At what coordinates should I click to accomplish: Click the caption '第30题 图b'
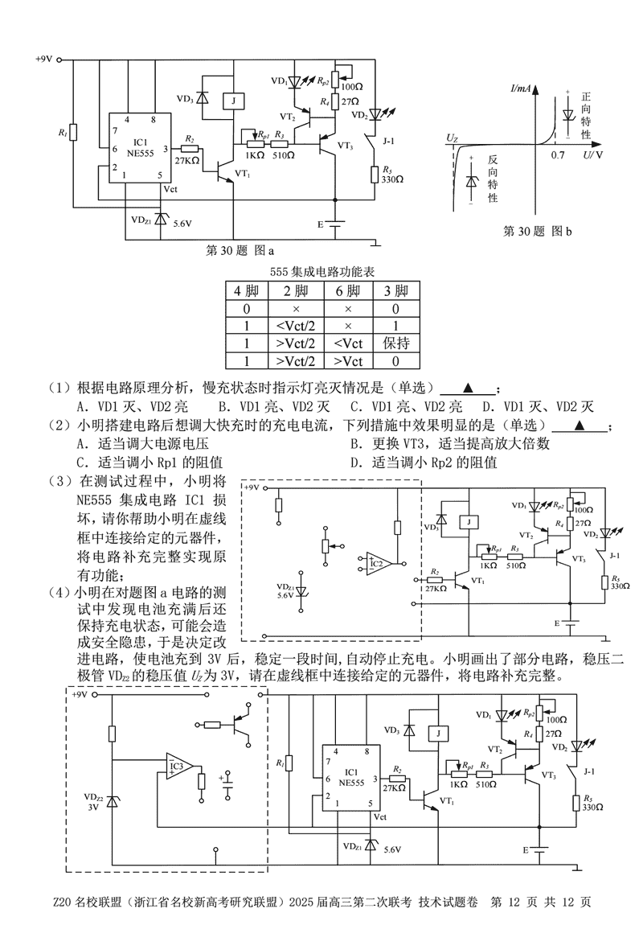click(537, 232)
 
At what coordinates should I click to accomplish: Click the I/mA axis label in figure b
click(524, 86)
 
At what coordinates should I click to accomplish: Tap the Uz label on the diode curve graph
click(452, 139)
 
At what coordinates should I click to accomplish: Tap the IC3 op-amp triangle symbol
click(178, 767)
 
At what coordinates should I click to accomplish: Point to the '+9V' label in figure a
click(43, 60)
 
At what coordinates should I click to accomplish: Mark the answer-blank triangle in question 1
click(467, 387)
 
